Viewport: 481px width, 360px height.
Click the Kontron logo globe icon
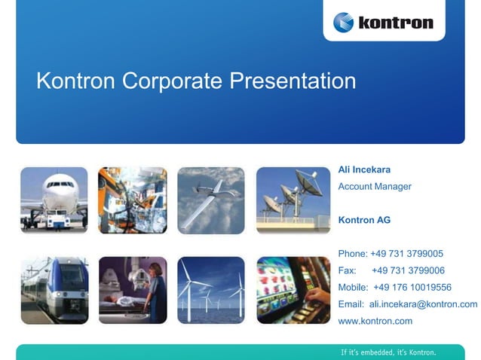(344, 22)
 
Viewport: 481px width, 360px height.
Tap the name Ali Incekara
(364, 169)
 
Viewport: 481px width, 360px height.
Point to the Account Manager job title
(375, 186)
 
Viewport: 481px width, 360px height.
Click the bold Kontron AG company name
(364, 220)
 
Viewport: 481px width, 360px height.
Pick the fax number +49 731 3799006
(408, 270)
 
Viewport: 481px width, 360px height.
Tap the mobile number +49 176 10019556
(412, 287)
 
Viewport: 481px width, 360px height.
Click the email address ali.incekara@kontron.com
(423, 304)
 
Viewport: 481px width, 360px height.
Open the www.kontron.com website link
(375, 321)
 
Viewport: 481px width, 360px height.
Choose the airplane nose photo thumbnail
(54, 200)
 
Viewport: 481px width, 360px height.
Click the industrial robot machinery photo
(133, 200)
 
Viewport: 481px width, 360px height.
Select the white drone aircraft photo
(211, 200)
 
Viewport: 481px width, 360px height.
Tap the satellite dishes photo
(293, 200)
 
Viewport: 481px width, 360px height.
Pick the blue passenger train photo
(54, 290)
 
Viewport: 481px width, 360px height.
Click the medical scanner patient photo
(133, 290)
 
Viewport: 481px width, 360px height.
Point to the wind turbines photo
(211, 290)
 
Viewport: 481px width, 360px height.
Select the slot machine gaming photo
(293, 290)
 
